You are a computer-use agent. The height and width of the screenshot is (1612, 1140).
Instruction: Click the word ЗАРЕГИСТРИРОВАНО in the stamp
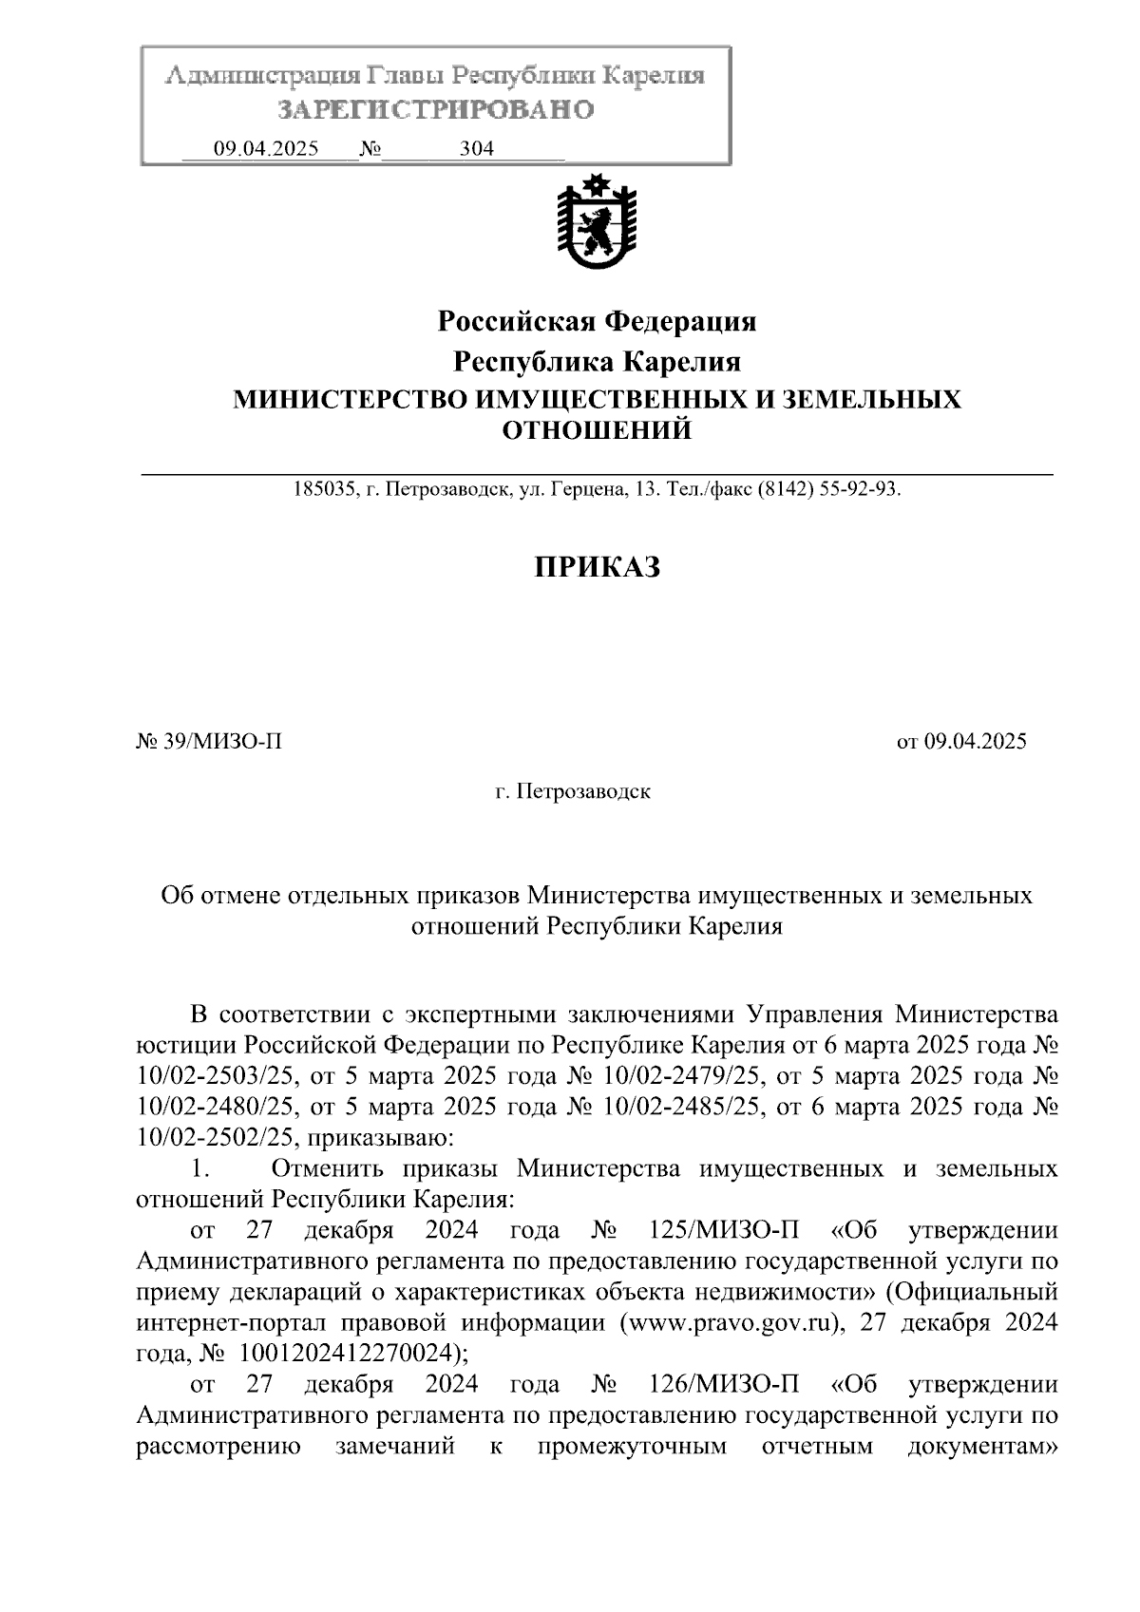pyautogui.click(x=435, y=110)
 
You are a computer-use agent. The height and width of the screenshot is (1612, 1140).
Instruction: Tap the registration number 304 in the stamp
pyautogui.click(x=476, y=149)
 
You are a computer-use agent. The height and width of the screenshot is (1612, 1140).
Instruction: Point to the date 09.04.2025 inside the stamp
pyautogui.click(x=266, y=149)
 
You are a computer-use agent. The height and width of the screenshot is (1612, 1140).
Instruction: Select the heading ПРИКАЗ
pyautogui.click(x=596, y=567)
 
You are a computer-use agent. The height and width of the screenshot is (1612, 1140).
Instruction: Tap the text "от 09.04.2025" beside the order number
pyautogui.click(x=961, y=742)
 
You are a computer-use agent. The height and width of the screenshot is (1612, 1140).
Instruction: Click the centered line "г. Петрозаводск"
pyautogui.click(x=573, y=791)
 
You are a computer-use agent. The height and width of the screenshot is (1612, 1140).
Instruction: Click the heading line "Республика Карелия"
pyautogui.click(x=597, y=362)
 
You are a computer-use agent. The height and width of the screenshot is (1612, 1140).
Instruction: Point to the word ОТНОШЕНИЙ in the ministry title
pyautogui.click(x=597, y=430)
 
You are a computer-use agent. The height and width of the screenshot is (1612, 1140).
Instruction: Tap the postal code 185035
pyautogui.click(x=324, y=490)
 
